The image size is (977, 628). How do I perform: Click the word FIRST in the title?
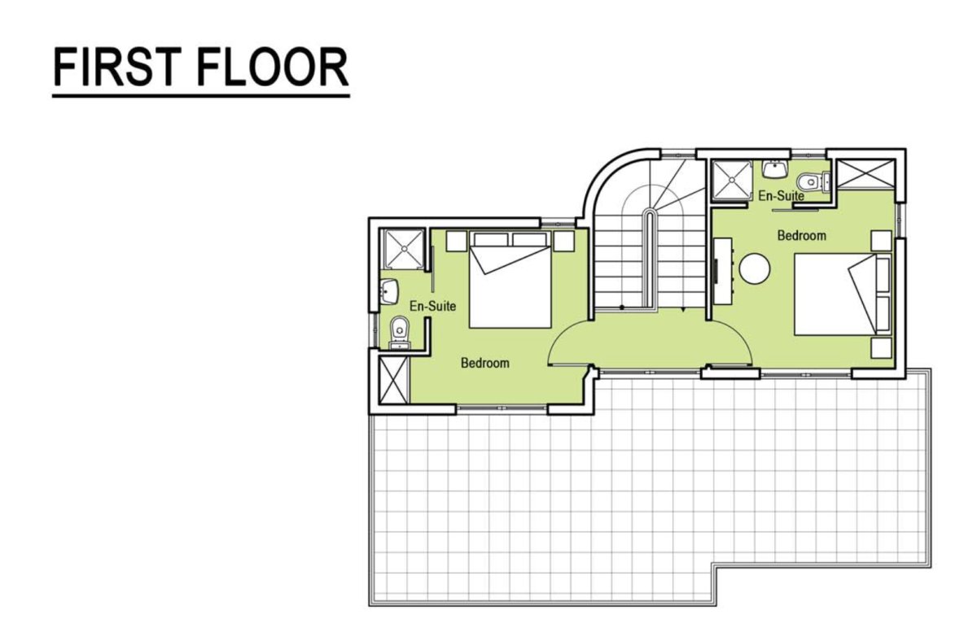pos(117,68)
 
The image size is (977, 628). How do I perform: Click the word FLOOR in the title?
pos(273,68)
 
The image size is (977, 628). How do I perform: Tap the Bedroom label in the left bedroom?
pos(485,363)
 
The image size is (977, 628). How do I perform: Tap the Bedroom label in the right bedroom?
pos(802,236)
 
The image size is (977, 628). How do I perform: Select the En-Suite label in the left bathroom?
pos(432,307)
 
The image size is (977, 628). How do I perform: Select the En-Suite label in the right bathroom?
pos(781,196)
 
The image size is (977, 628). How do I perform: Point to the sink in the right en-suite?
pos(775,169)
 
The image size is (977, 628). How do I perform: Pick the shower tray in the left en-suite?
pos(405,249)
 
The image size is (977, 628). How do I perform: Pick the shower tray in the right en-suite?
pos(732,181)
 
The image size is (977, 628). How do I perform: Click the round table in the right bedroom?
pos(755,269)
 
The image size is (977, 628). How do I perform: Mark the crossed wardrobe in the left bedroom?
pos(394,380)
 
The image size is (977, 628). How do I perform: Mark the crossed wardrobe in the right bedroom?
pos(865,174)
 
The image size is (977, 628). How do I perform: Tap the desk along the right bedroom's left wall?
pos(723,271)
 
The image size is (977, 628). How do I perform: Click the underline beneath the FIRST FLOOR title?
pos(201,96)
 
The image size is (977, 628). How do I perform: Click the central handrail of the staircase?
pos(650,260)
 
